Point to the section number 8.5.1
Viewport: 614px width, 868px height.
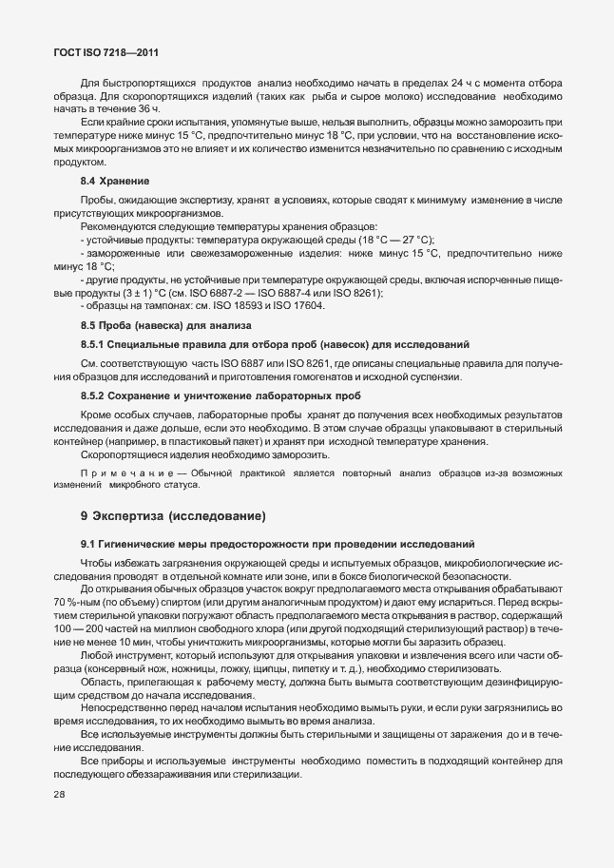(x=92, y=371)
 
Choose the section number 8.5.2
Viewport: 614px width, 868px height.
(x=92, y=421)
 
